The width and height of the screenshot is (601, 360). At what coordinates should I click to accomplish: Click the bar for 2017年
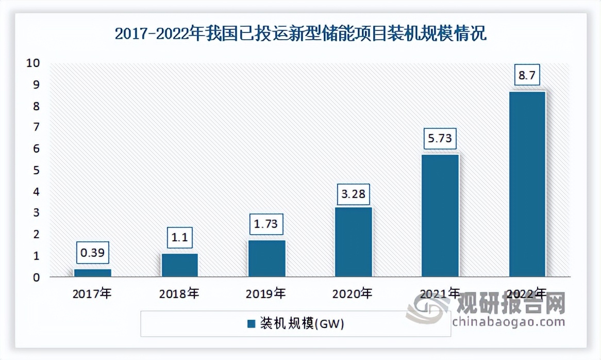tap(93, 273)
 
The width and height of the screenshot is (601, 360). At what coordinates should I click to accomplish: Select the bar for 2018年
tap(179, 265)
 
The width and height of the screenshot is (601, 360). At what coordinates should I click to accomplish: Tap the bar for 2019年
tap(266, 258)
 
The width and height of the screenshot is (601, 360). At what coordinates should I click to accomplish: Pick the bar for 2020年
tap(353, 242)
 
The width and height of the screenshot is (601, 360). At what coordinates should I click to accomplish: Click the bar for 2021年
tap(440, 216)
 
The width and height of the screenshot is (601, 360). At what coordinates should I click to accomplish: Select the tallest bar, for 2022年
tap(527, 184)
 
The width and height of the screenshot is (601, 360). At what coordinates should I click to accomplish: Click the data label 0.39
tap(93, 253)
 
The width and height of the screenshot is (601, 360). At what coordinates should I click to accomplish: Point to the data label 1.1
tap(179, 238)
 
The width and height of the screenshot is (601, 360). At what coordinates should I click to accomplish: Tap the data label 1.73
tap(266, 224)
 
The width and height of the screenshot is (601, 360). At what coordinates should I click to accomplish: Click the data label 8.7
tap(527, 75)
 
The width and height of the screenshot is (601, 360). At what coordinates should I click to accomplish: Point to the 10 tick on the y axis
tap(34, 63)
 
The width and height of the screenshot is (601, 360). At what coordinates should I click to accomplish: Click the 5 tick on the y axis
tap(37, 170)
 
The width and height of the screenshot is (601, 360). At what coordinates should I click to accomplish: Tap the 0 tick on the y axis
tap(37, 277)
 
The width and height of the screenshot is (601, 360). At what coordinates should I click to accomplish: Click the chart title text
tap(300, 35)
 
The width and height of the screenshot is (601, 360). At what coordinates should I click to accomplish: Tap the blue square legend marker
tap(252, 324)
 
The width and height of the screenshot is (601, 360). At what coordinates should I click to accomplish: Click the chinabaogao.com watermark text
tap(508, 322)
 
